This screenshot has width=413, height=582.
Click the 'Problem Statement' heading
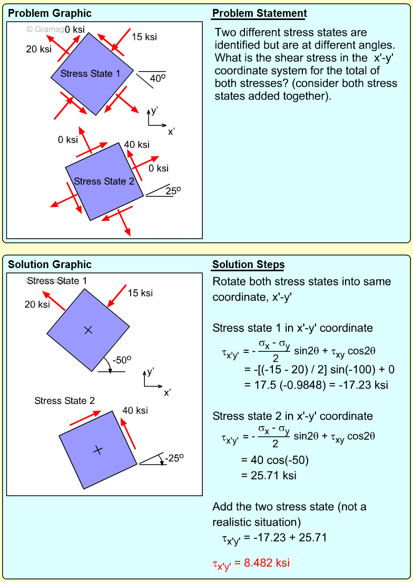[259, 14]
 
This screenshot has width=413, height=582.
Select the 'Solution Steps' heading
[248, 265]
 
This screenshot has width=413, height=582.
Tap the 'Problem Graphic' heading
[50, 14]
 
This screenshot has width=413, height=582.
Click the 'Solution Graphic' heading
[50, 265]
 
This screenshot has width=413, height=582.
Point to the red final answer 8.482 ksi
[251, 563]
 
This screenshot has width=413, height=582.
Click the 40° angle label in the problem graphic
[158, 78]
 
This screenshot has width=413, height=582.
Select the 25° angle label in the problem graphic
[173, 191]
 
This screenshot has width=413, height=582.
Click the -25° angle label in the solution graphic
[174, 458]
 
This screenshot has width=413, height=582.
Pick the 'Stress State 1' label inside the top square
[90, 74]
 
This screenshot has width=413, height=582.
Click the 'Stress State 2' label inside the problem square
[104, 181]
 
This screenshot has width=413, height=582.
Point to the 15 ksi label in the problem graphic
[144, 37]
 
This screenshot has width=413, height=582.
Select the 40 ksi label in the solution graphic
[135, 411]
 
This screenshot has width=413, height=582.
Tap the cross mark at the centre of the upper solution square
[88, 330]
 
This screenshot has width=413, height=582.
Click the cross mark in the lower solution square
[97, 449]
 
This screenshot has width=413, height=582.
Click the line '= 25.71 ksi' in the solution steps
[269, 476]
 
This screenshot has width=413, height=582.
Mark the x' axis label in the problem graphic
[171, 132]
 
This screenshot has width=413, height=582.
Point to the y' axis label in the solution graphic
[151, 371]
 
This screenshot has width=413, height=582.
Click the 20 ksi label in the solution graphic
[37, 304]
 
